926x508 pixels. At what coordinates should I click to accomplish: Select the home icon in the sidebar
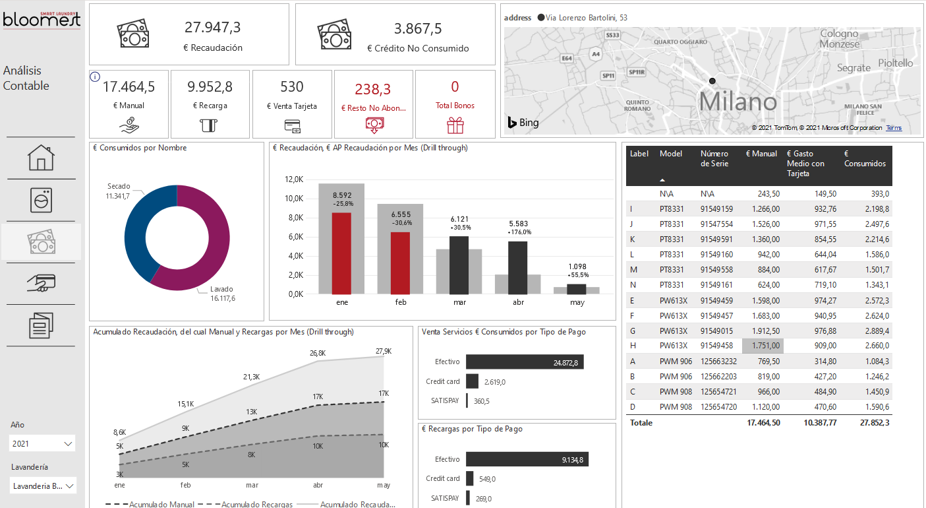pos(41,158)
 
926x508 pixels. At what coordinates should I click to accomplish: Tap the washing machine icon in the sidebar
pos(41,200)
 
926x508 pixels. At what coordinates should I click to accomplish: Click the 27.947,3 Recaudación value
pos(212,28)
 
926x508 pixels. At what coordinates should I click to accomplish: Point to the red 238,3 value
pos(373,89)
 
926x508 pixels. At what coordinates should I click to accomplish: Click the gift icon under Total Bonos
pos(455,125)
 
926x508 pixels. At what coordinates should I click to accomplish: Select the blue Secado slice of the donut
pos(137,231)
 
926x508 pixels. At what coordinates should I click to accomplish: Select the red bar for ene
pos(341,253)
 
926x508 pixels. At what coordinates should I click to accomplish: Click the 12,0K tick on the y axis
pos(293,179)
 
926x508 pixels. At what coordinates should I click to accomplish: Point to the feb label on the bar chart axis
pos(400,302)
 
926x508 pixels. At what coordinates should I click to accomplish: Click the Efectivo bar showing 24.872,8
pos(525,362)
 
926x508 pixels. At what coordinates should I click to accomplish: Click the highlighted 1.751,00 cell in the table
pos(763,345)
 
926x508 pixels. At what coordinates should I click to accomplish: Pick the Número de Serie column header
pos(714,158)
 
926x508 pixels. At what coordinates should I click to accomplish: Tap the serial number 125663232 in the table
pos(718,361)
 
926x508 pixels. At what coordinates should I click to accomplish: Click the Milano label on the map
pos(738,102)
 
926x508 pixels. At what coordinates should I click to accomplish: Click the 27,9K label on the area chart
pos(384,351)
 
